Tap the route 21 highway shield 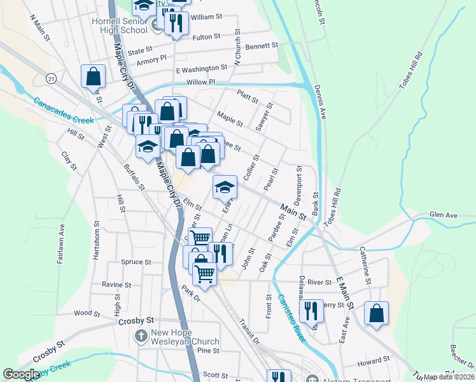pyautogui.click(x=51, y=78)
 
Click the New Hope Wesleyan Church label pyautogui.click(x=185, y=337)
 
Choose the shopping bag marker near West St pyautogui.click(x=94, y=76)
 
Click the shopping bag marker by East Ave pyautogui.click(x=377, y=313)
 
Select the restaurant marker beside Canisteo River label pyautogui.click(x=311, y=311)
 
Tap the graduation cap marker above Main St pyautogui.click(x=225, y=187)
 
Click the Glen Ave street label pyautogui.click(x=444, y=216)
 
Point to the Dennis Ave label pyautogui.click(x=320, y=104)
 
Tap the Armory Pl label pyautogui.click(x=151, y=57)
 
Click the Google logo pyautogui.click(x=22, y=374)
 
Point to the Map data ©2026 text pyautogui.click(x=448, y=377)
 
